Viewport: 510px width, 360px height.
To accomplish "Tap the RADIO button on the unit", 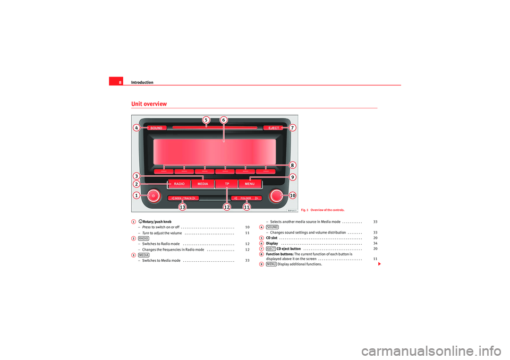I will (179, 184).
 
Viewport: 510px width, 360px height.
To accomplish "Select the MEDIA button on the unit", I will (202, 184).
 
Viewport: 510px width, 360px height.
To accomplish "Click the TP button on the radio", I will (227, 184).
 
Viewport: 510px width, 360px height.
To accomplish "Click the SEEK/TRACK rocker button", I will (183, 198).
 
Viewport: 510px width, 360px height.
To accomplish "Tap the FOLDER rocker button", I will (246, 198).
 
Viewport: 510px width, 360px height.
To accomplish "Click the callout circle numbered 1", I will (137, 195).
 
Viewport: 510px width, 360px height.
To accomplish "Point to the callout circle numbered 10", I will (292, 195).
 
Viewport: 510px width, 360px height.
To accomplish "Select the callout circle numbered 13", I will (182, 208).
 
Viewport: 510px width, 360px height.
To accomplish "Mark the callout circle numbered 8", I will (292, 165).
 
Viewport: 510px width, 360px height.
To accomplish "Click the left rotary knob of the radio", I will (153, 196).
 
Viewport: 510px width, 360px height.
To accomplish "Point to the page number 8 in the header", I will (120, 82).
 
